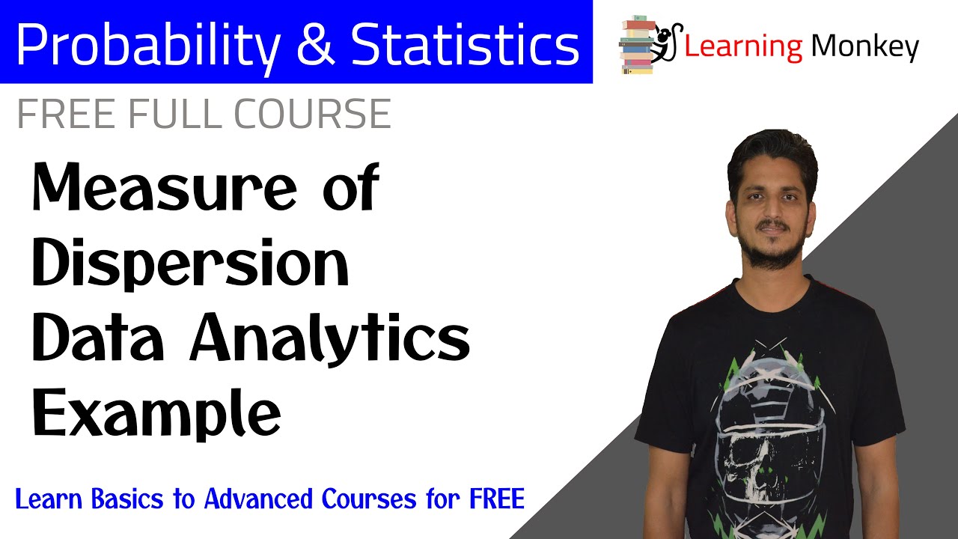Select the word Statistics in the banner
point(464,43)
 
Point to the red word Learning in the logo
point(743,46)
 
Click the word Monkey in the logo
point(864,46)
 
